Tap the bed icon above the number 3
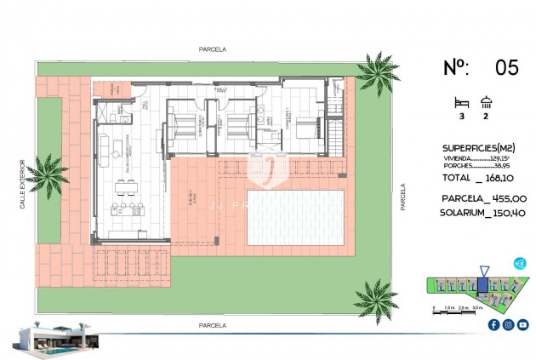coord(463,101)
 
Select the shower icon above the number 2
coord(487,101)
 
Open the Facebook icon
coord(493,324)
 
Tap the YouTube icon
coord(522,324)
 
